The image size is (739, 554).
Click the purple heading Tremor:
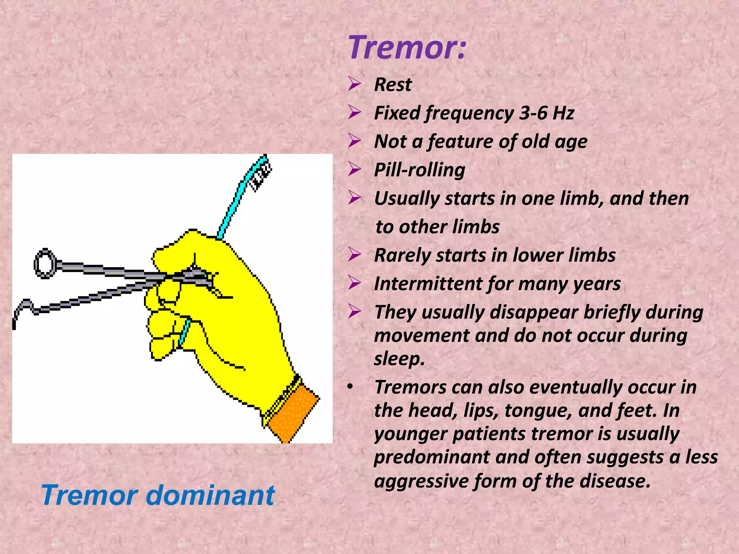click(x=407, y=48)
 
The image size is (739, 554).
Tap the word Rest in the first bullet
click(x=393, y=85)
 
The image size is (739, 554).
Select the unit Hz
click(x=563, y=113)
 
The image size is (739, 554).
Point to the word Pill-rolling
click(x=419, y=170)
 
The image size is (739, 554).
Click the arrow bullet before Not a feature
click(x=354, y=141)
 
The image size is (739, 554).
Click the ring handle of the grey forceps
click(x=45, y=263)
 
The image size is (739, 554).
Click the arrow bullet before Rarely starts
click(x=354, y=255)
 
